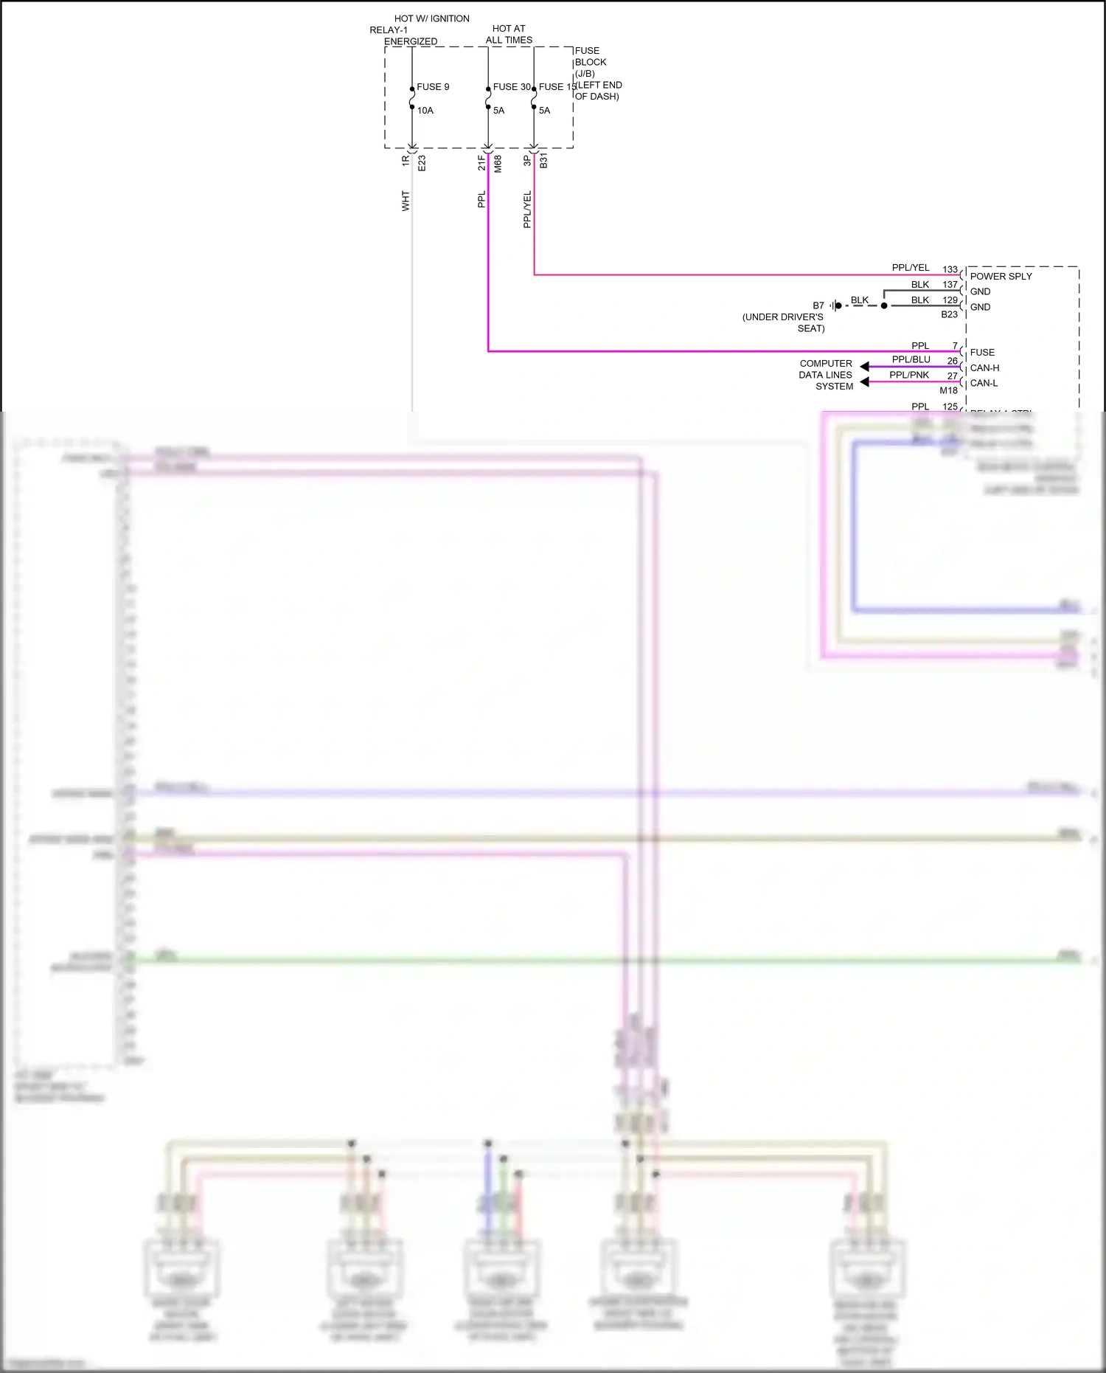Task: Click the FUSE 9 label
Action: [433, 87]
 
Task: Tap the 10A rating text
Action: [425, 111]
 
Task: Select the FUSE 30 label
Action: [512, 87]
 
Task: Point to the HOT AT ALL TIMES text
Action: [509, 35]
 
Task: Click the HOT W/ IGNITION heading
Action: [431, 18]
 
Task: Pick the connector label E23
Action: [422, 163]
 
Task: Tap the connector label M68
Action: [498, 164]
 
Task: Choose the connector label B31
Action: [543, 161]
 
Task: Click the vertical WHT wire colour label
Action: [406, 201]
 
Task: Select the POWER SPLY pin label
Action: [1001, 277]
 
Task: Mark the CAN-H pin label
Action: [984, 368]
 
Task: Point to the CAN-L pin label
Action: [984, 384]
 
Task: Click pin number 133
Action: [950, 269]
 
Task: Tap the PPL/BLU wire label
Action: [911, 360]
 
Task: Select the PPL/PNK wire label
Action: [909, 376]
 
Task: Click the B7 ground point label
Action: [818, 305]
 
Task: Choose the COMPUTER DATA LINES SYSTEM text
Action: [826, 375]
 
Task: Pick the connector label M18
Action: [948, 391]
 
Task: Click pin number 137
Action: [950, 285]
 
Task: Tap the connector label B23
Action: [949, 315]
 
